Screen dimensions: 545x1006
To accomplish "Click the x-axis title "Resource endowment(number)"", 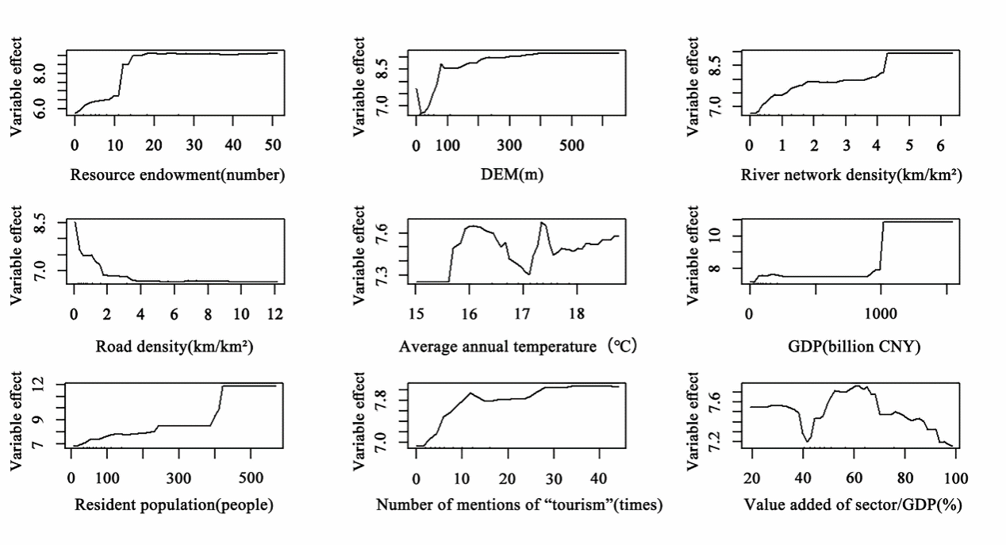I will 177,175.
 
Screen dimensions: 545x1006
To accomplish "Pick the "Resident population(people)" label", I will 174,505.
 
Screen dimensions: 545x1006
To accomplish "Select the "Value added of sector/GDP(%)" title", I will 853,505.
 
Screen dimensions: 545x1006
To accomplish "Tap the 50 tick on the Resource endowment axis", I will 272,146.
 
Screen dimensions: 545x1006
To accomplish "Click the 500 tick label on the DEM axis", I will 571,146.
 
